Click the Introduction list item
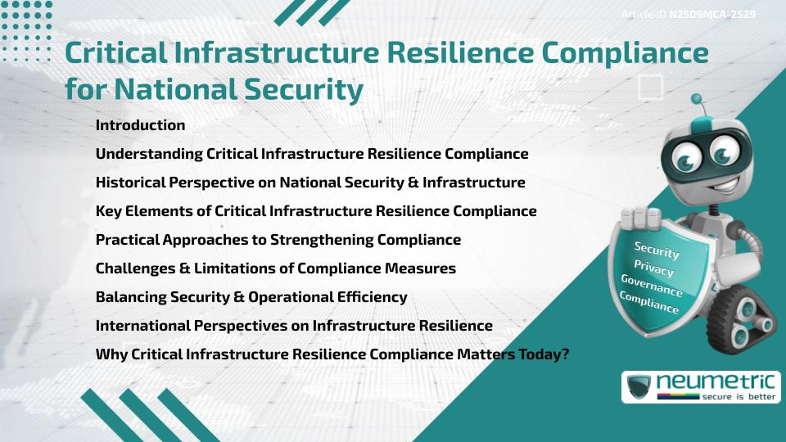pos(140,125)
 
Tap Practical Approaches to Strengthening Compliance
pos(278,240)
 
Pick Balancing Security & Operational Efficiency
pos(251,297)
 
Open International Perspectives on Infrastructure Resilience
pos(294,326)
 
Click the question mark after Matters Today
pos(564,354)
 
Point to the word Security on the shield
pos(657,250)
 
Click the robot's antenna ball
pos(697,99)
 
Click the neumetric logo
pos(701,386)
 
